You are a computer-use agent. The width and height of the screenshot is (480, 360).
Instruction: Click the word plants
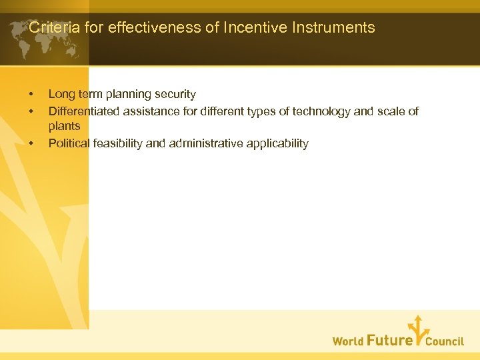64,127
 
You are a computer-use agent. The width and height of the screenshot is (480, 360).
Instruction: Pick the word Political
69,143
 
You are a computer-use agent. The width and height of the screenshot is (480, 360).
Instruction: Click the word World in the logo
348,341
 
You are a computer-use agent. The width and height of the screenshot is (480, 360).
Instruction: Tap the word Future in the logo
389,340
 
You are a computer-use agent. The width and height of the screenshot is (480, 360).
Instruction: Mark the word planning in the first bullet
126,95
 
